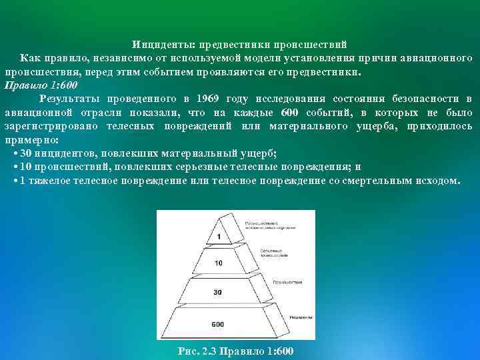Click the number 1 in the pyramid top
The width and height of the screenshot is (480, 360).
click(x=219, y=237)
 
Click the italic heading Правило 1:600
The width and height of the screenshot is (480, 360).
click(x=41, y=86)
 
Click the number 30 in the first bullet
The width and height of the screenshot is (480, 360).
click(x=26, y=153)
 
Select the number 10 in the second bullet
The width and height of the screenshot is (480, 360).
click(x=26, y=167)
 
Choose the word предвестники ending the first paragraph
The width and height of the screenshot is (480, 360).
click(x=319, y=72)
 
